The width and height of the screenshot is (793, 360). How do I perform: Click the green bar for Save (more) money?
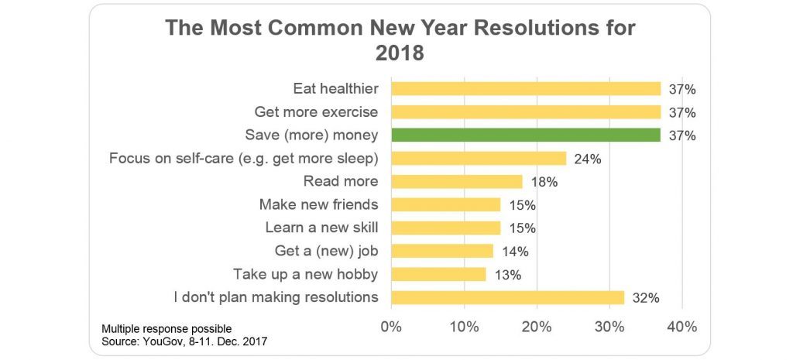(x=526, y=135)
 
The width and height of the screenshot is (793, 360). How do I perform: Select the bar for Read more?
(x=457, y=181)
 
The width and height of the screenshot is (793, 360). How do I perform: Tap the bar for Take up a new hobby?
(x=438, y=275)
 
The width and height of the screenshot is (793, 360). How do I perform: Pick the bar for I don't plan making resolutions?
(x=508, y=298)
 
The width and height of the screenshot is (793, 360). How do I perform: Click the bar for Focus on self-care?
(x=479, y=158)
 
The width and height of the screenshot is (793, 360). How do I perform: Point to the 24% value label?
(x=588, y=159)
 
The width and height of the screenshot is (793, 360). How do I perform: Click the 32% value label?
(x=646, y=298)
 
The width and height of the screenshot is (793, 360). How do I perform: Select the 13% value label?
(x=507, y=275)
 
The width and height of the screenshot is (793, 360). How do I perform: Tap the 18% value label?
(x=544, y=182)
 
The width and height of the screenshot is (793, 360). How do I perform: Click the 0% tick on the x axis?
(x=391, y=327)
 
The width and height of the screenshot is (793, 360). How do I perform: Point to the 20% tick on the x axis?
(x=537, y=327)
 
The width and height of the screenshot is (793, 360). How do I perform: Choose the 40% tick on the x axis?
(x=682, y=327)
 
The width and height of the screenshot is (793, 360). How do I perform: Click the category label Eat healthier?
(x=336, y=89)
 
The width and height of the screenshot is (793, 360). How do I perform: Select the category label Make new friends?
(x=318, y=205)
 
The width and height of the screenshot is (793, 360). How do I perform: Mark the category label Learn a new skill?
(x=321, y=228)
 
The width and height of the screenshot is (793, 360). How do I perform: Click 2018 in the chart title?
(x=400, y=53)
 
